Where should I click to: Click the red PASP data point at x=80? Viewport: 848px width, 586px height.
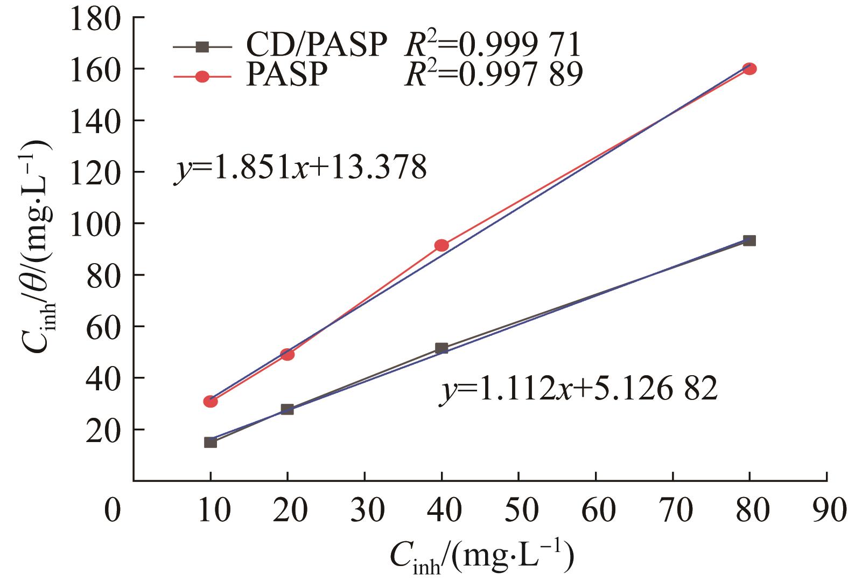pyautogui.click(x=749, y=69)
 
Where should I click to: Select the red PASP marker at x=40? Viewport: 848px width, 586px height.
pyautogui.click(x=441, y=245)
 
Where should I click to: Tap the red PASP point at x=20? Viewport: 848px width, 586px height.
pyautogui.click(x=288, y=354)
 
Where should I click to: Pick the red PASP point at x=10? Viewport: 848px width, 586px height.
pyautogui.click(x=211, y=401)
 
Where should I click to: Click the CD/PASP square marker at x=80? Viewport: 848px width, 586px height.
pyautogui.click(x=749, y=240)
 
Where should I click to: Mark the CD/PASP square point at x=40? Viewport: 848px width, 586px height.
pyautogui.click(x=441, y=348)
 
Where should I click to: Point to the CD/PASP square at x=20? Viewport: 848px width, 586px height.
pyautogui.click(x=288, y=410)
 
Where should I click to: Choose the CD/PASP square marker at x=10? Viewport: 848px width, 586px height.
pyautogui.click(x=211, y=442)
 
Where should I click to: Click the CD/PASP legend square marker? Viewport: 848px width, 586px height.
pyautogui.click(x=202, y=47)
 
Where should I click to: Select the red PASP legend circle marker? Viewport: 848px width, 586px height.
pyautogui.click(x=202, y=77)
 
